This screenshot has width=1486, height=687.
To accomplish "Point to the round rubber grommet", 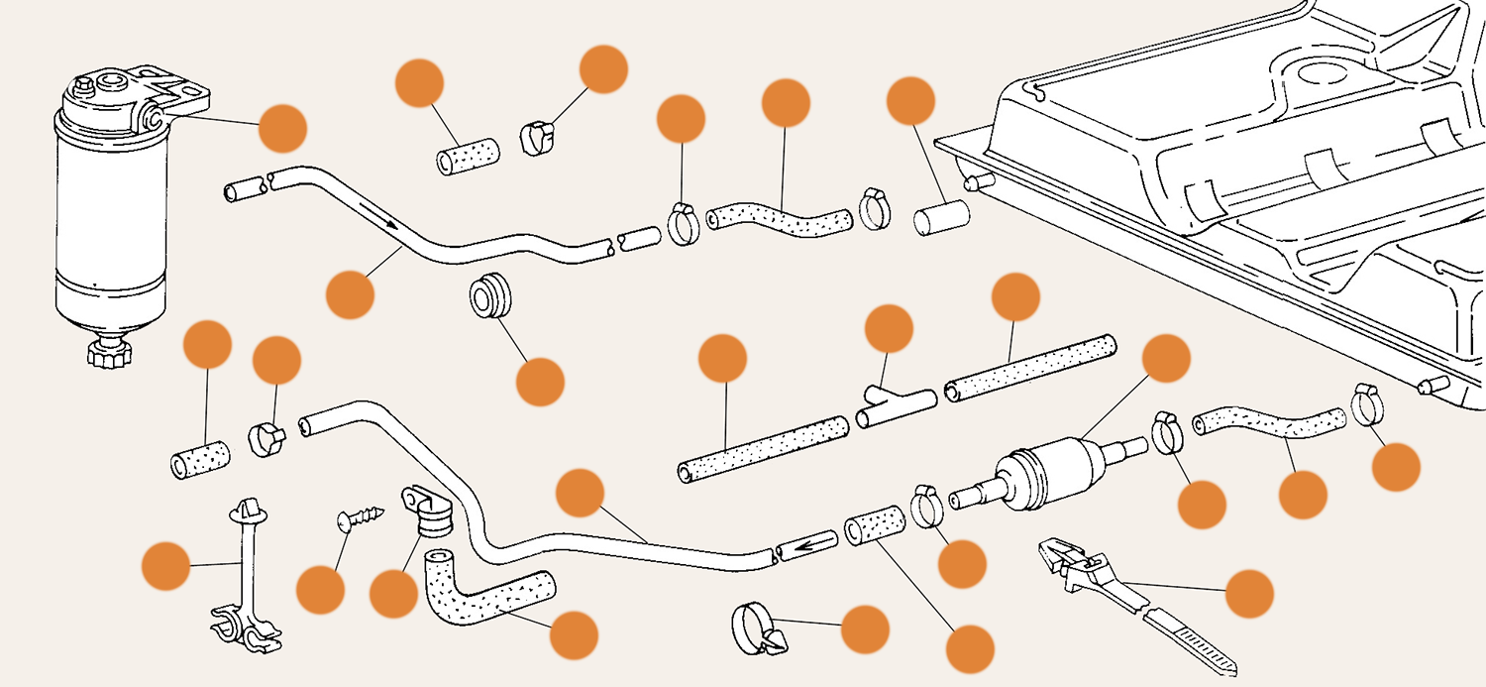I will pos(489,298).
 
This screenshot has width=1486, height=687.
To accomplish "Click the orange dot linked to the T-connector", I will pos(889,329).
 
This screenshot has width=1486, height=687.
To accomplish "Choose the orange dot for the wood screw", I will pos(320,589).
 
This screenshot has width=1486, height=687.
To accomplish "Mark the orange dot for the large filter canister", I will pos(283,128).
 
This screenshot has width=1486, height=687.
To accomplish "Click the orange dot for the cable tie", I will pos(1249,594).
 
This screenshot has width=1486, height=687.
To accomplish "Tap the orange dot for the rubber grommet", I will pos(541,382).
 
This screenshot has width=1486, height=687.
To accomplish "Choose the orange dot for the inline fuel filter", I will pos(1166,359).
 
